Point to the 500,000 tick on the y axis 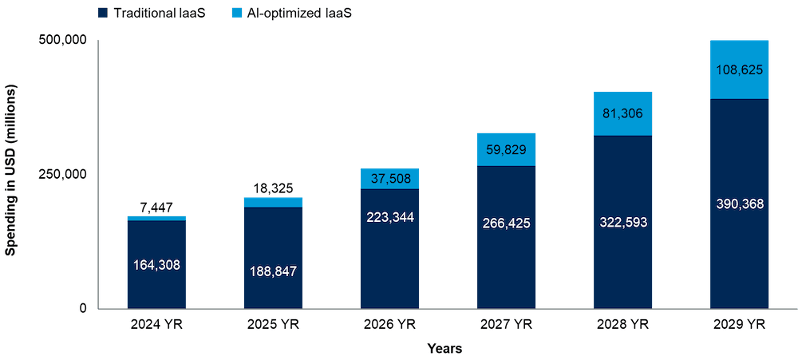pos(63,41)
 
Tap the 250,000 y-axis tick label pos(63,174)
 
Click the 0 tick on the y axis pos(82,308)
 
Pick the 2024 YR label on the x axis pos(156,324)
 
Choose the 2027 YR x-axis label pos(507,324)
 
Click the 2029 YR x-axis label pos(740,324)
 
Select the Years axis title pos(445,349)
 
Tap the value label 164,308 pos(156,264)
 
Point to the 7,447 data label pos(156,207)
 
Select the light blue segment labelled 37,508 pos(390,179)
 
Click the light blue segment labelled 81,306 pos(623,113)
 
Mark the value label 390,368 pos(740,204)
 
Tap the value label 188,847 pos(273,271)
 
